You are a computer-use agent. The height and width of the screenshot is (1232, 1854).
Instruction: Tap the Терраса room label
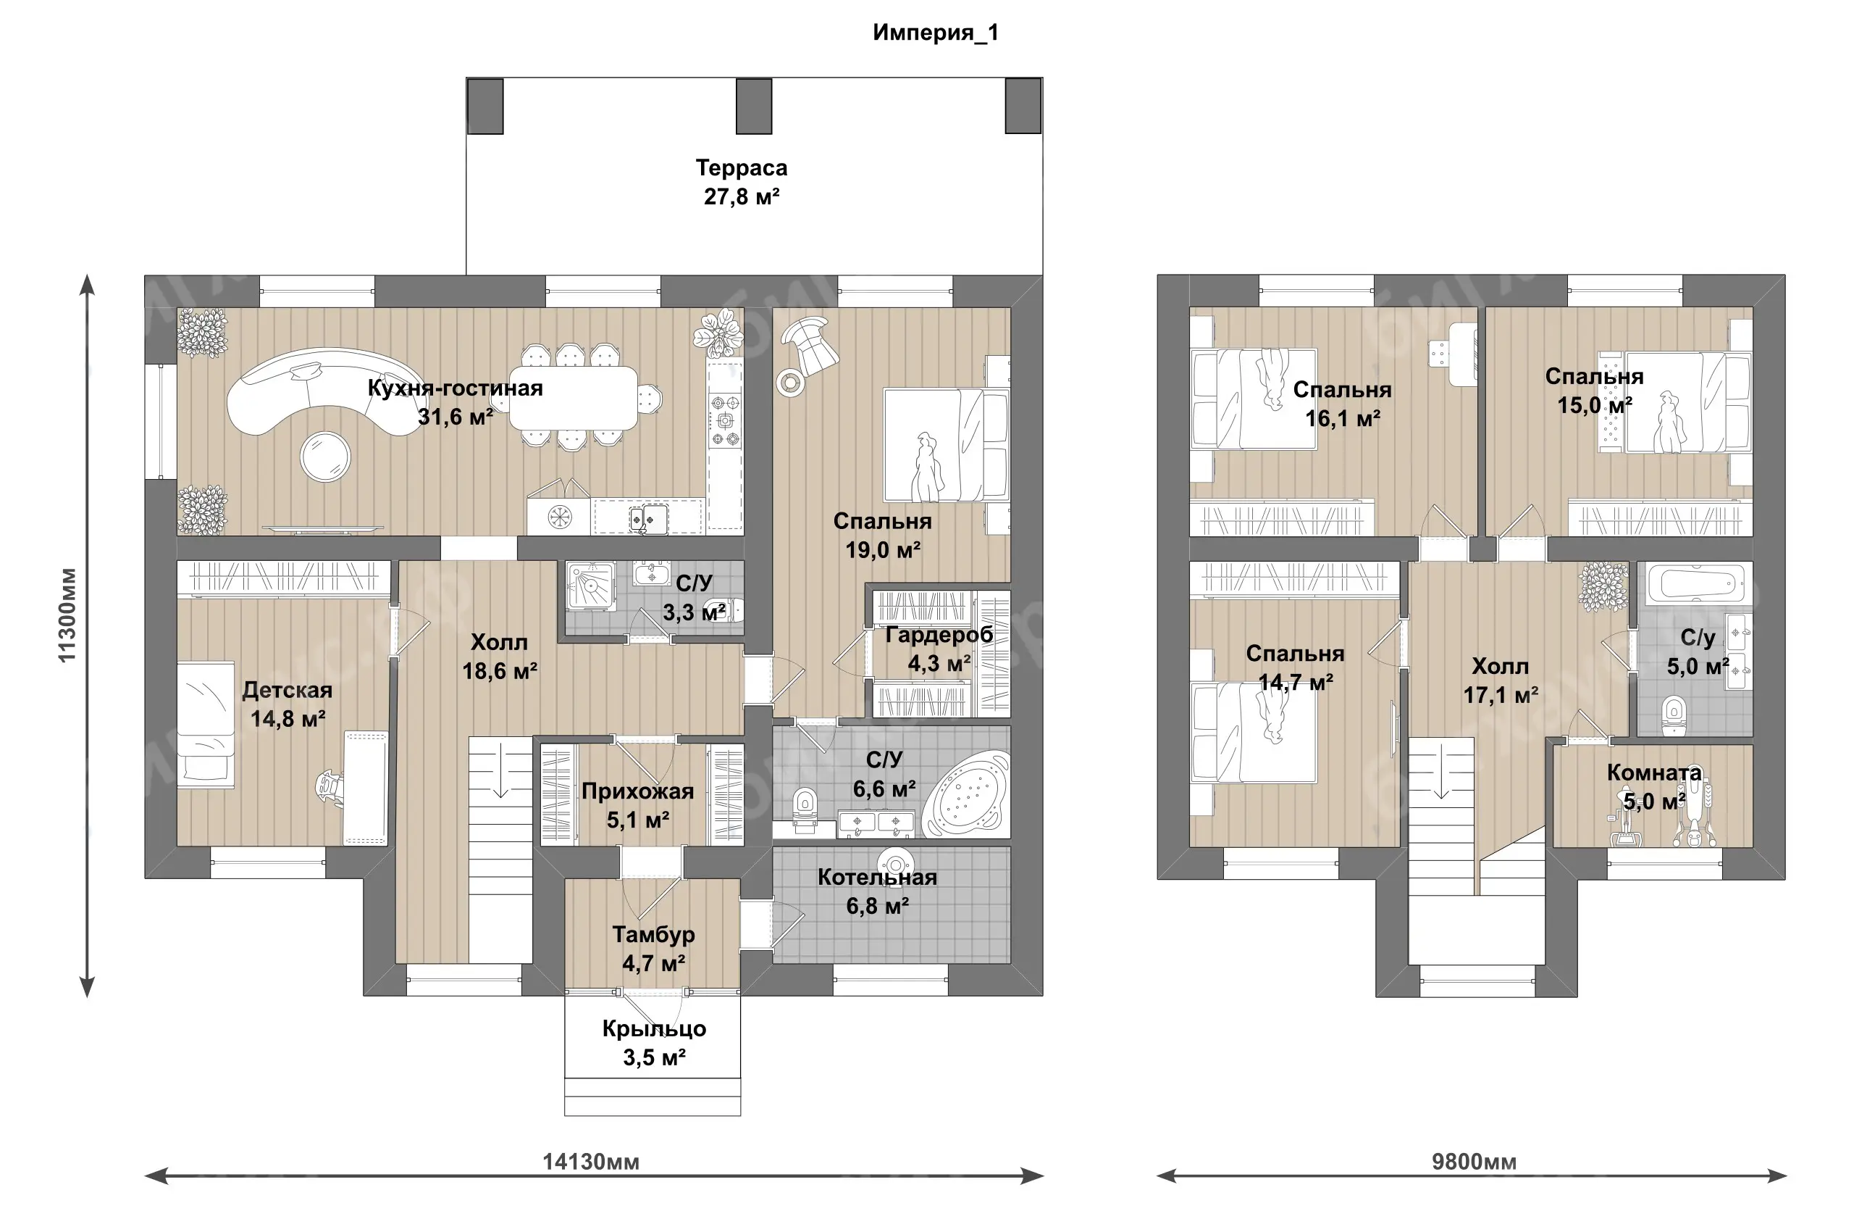click(742, 168)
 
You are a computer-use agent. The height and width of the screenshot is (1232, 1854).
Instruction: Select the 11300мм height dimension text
click(67, 615)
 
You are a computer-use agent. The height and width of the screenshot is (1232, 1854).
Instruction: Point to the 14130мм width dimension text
click(590, 1161)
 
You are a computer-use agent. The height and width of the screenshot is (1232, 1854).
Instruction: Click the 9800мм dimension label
click(1474, 1161)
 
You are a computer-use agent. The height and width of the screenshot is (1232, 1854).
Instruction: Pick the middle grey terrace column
click(754, 106)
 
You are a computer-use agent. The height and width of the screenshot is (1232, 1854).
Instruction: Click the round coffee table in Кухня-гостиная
click(325, 457)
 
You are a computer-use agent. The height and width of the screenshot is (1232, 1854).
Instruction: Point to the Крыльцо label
click(654, 1028)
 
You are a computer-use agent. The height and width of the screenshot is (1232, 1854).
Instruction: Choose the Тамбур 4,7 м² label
click(653, 949)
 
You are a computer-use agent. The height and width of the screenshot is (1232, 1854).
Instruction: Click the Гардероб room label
click(939, 635)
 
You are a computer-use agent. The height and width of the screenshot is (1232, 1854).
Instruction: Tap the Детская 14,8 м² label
click(288, 704)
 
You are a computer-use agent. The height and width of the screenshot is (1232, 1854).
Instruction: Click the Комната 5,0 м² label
click(1654, 786)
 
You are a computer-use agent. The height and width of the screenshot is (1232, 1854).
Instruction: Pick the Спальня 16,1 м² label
click(1342, 404)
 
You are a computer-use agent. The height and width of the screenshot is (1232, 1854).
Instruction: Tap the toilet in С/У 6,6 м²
click(804, 809)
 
